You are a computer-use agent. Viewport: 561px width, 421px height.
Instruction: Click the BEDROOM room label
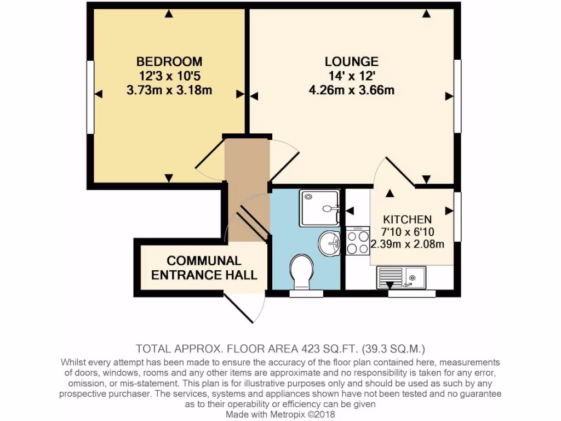coord(169,61)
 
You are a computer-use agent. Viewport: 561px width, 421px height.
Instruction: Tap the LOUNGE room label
coord(351,61)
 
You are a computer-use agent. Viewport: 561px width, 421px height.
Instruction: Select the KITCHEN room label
coord(407,219)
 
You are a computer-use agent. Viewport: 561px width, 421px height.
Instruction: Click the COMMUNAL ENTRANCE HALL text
coord(204,268)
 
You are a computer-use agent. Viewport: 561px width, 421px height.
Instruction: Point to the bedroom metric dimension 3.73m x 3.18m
coord(169,90)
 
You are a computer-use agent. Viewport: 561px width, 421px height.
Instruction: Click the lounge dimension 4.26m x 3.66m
coord(351,90)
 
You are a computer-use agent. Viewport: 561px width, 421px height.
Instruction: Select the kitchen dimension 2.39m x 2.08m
coord(407,244)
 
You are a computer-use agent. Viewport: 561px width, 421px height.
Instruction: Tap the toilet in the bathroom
coord(302,271)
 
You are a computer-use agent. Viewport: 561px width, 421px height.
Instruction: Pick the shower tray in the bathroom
coord(319,208)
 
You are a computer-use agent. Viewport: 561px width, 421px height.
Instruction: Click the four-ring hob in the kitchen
coord(357,241)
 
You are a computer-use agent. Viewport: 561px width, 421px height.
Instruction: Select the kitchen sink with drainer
coord(400,277)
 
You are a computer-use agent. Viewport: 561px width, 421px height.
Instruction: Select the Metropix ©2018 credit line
coord(280,414)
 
